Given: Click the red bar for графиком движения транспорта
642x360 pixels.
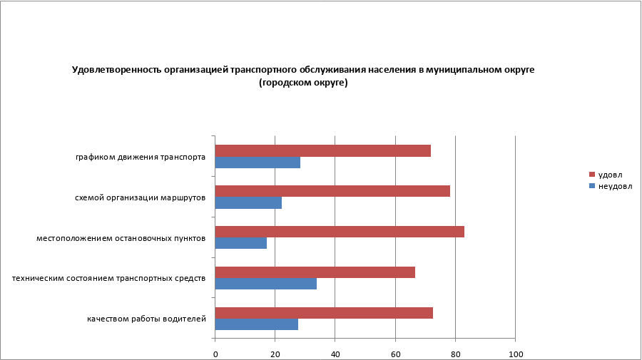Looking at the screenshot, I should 322,150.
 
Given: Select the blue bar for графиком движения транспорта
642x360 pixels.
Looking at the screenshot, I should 258,163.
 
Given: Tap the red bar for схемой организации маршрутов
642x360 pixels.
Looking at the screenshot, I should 332,191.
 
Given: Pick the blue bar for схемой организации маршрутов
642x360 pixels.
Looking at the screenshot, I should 248,203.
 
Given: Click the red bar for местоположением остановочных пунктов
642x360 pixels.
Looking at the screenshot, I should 340,232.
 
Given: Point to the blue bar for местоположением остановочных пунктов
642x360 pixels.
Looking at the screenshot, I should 241,243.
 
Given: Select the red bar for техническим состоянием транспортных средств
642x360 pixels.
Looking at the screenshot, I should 315,272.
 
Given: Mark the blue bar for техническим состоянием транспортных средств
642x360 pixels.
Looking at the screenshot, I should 265,284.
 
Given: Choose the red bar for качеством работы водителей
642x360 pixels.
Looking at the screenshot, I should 324,313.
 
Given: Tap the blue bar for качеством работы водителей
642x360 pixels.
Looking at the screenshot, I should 256,324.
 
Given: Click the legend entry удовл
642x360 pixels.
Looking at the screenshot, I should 609,175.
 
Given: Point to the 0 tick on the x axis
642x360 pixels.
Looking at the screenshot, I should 215,354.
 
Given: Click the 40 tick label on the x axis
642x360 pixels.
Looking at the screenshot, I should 335,354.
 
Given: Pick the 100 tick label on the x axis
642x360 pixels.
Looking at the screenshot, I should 515,354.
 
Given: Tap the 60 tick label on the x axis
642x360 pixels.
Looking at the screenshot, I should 395,354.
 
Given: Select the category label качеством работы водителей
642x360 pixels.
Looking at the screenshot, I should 147,318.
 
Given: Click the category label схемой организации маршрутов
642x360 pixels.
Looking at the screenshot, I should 141,197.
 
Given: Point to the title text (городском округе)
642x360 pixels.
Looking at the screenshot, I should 303,83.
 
